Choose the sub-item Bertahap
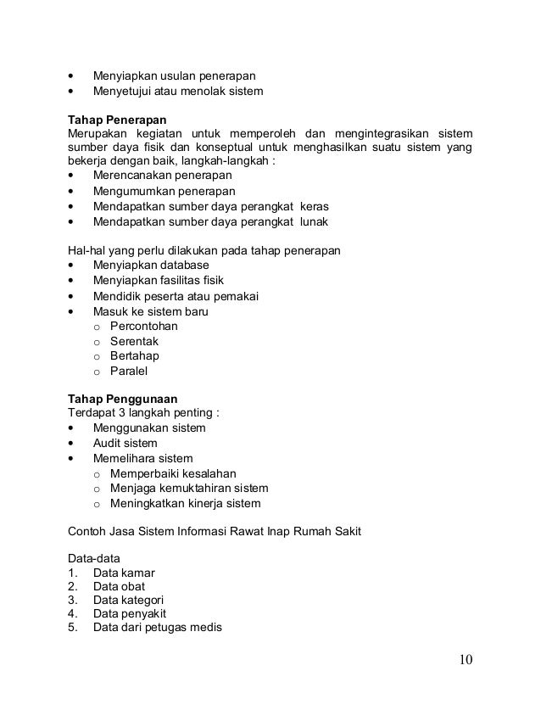(134, 355)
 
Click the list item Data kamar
(124, 572)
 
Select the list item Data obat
(119, 586)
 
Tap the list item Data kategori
(128, 600)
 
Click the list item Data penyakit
(130, 613)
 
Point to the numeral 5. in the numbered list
(72, 628)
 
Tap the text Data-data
(93, 557)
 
